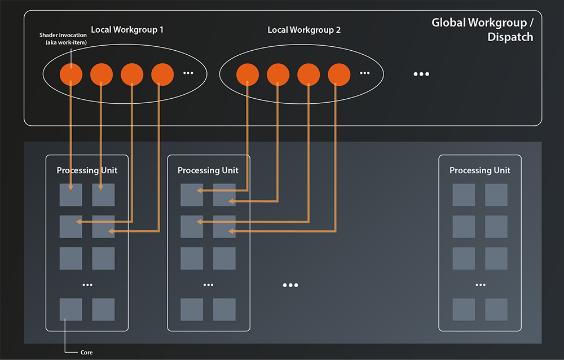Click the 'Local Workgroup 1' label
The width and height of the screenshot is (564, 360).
pos(127,29)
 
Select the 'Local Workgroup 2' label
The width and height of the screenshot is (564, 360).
pos(304,29)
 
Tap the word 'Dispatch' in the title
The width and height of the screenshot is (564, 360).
pos(510,38)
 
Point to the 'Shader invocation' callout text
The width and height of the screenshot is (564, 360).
pos(63,35)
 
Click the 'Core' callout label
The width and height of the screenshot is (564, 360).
pos(87,352)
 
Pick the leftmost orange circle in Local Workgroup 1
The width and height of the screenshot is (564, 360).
pos(71,74)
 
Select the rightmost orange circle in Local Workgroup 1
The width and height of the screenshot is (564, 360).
pos(162,74)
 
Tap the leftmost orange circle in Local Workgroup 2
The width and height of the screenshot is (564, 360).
pos(248,74)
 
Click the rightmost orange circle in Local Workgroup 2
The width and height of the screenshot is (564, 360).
pos(339,74)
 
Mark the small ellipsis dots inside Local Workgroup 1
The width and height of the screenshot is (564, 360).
pos(188,73)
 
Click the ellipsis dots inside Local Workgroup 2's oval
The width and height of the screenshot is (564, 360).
pos(365,73)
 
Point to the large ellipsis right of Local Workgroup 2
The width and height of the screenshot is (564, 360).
pos(421,74)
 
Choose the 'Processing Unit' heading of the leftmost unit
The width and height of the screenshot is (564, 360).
pos(87,170)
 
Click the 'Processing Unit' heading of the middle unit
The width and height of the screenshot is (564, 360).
pos(208,170)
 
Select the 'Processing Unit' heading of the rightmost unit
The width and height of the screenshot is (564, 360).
pos(480,170)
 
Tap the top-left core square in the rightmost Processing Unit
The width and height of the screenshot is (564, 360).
pos(464,195)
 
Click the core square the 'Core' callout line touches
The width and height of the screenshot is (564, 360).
pos(71,310)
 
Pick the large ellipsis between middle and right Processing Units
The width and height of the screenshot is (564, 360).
pos(290,286)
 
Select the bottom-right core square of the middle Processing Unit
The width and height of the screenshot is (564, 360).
pos(224,310)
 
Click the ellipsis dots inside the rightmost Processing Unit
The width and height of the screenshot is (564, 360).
pos(480,285)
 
